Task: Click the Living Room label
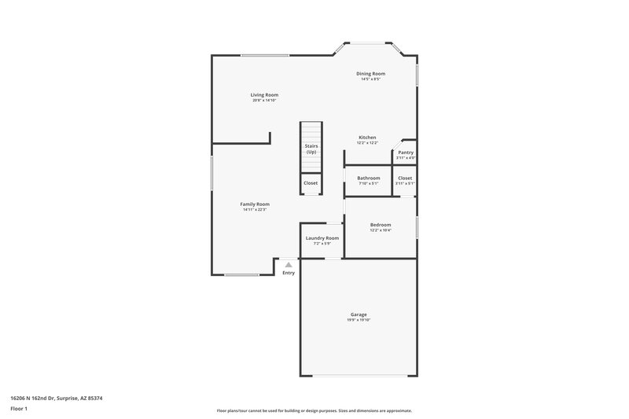pos(265,95)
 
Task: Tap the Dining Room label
pos(370,74)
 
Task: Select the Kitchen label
pos(367,138)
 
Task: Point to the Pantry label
pos(406,153)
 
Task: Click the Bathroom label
pos(369,178)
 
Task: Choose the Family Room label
pos(255,204)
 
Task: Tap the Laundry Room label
pos(322,238)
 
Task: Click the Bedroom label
pos(381,225)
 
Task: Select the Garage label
pos(359,314)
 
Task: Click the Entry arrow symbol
pos(289,265)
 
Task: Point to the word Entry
pos(289,273)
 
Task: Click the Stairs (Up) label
pos(311,149)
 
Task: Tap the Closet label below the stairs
pos(311,183)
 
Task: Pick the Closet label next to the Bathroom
pos(405,178)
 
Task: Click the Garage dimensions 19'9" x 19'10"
pos(359,320)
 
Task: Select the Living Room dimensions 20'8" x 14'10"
pos(265,101)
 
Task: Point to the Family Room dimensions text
pos(255,210)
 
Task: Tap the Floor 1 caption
pos(20,410)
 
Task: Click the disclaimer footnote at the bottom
pos(314,410)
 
